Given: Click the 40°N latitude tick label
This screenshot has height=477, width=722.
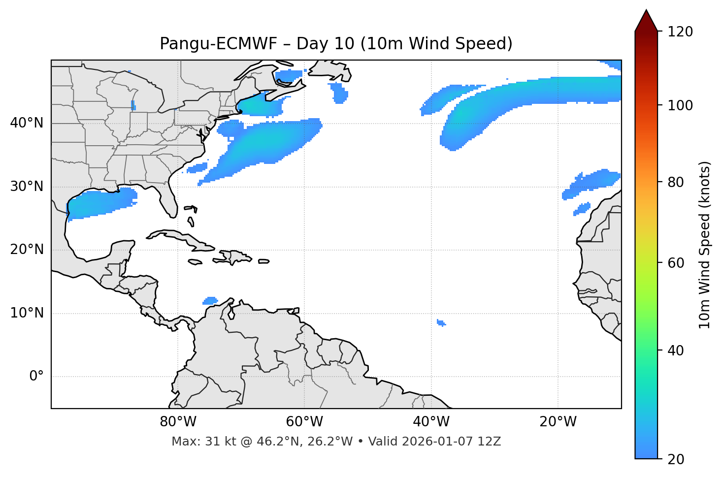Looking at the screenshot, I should pos(27,123).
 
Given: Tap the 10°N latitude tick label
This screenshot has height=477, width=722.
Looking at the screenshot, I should pos(27,313).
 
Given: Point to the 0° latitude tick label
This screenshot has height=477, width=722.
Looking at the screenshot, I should pos(36,377).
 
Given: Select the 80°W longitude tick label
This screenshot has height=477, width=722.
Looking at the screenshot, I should pos(178,421).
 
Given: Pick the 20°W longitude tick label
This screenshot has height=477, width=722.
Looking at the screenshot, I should pos(558,421).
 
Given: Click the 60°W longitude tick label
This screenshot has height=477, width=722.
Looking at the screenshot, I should pos(304,421).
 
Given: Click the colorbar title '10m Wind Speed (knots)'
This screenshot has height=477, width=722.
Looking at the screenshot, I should pos(705,245).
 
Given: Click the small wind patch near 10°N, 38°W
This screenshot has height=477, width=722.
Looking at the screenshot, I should pos(441,323).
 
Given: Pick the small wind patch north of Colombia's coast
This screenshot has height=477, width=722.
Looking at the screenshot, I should pos(210,300).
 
